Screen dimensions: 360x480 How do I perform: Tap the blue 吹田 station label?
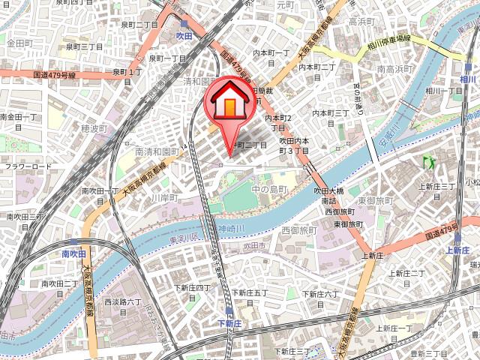pyautogui.click(x=184, y=35)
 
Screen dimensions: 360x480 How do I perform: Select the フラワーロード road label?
pyautogui.click(x=29, y=166)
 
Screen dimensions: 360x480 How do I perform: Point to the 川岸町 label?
pyautogui.click(x=163, y=198)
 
